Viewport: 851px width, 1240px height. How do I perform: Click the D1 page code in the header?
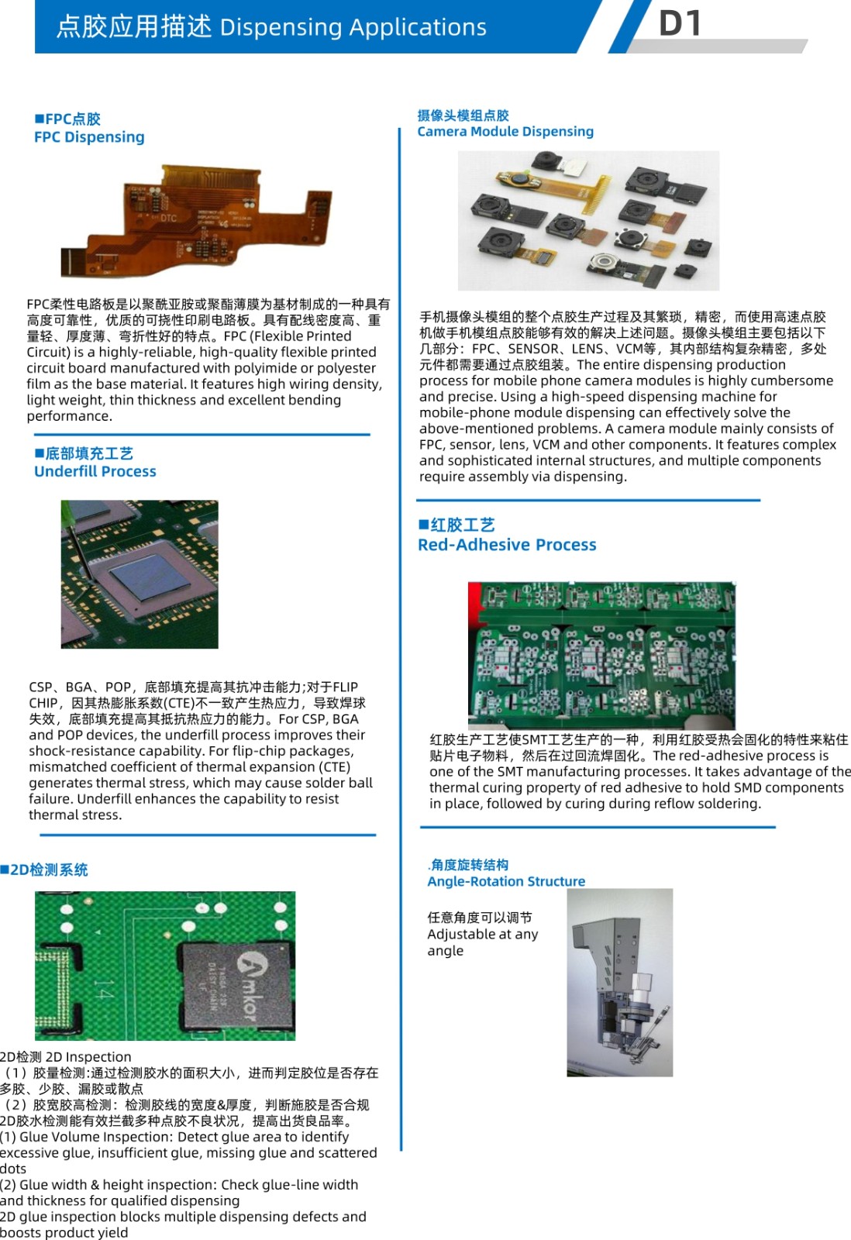coord(680,23)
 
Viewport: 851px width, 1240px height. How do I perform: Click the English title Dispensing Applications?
coord(353,27)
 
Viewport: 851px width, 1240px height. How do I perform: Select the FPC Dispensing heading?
coord(89,136)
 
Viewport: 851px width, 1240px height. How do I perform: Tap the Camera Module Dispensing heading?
coord(505,131)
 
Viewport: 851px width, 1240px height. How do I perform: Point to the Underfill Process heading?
coord(95,471)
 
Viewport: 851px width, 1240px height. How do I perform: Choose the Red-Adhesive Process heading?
coord(507,545)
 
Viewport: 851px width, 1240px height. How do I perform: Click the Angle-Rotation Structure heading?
coord(506,880)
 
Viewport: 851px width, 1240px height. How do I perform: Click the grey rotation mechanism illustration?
coord(619,983)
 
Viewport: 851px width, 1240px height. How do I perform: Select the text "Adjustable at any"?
coord(482,935)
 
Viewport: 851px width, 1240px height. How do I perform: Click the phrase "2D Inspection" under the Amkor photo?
coord(88,1057)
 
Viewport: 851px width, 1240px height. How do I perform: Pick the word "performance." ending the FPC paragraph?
coord(69,416)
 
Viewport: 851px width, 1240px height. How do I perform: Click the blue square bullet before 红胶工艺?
coord(423,524)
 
